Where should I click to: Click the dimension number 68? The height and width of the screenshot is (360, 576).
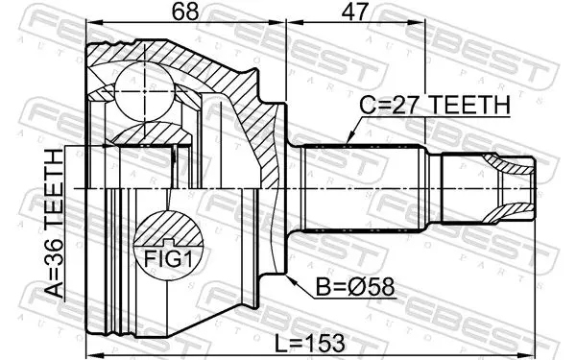click(x=185, y=12)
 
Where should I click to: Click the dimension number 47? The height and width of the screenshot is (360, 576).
click(x=355, y=12)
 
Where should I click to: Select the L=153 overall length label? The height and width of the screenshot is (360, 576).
click(x=310, y=343)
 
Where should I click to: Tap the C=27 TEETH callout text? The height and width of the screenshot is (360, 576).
click(x=435, y=105)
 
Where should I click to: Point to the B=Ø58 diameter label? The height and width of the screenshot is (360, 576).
click(x=355, y=286)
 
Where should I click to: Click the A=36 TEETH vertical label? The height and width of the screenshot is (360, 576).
click(x=55, y=223)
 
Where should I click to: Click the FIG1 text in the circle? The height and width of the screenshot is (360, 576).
click(x=168, y=258)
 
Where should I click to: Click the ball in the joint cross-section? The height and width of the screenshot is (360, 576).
click(x=145, y=91)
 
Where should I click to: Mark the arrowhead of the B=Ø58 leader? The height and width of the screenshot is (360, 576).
click(x=290, y=278)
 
